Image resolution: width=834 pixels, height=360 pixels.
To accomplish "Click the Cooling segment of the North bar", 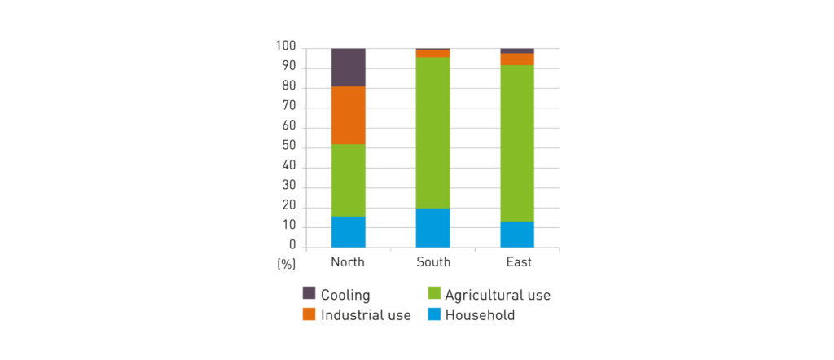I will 348,68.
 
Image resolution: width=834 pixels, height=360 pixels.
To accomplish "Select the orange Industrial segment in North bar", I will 348,116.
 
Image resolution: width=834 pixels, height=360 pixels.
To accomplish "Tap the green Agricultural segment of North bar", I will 348,180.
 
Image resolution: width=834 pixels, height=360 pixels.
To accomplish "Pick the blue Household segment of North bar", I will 348,232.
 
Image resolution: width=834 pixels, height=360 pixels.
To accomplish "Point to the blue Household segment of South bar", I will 432,228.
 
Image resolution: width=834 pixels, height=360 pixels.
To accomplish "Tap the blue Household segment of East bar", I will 517,235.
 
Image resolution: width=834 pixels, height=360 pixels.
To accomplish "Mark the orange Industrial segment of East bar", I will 517,59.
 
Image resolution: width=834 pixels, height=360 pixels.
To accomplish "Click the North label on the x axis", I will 348,262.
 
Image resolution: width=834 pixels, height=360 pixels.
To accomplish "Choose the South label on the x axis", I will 432,262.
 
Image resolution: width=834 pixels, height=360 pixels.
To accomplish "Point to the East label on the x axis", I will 518,262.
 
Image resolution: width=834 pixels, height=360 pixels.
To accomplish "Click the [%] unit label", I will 286,263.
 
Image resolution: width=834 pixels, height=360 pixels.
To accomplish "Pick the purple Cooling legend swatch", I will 309,292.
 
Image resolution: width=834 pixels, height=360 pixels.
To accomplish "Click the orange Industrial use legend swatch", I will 309,314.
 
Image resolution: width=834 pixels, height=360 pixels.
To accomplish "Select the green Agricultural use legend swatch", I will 433,292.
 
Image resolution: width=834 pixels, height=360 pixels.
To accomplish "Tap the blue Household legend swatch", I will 433,314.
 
